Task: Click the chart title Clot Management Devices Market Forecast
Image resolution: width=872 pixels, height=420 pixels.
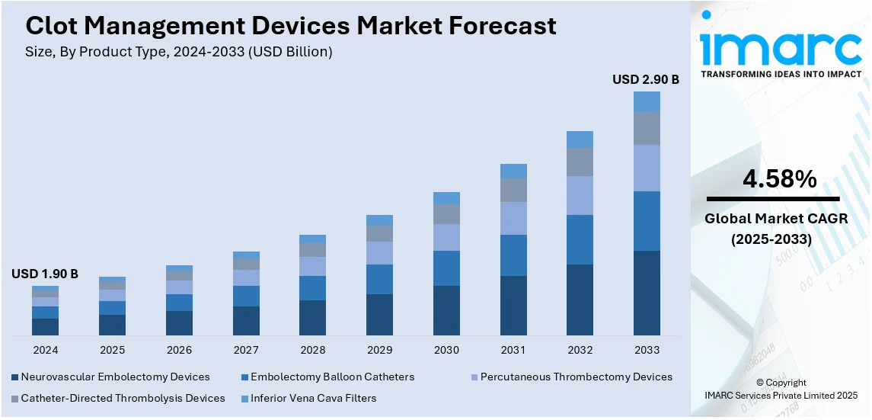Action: click(x=291, y=26)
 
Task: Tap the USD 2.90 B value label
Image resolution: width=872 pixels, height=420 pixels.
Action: click(x=646, y=79)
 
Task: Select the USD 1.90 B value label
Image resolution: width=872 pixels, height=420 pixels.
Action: click(x=45, y=274)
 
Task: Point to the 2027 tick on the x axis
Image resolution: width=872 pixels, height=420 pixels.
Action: click(x=246, y=350)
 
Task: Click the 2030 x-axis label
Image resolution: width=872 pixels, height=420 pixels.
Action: click(x=446, y=350)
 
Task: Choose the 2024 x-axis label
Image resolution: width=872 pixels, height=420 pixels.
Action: click(x=45, y=350)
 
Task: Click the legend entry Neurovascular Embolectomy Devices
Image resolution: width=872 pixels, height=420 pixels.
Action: click(x=115, y=377)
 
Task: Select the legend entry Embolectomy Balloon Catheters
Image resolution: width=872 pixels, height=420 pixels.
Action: click(x=332, y=377)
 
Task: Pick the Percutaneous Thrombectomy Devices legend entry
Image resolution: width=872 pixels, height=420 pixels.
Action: click(x=576, y=377)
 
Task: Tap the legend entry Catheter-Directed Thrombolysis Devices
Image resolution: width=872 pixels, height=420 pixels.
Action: click(x=123, y=398)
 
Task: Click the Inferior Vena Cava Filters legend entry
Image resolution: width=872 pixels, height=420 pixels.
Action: click(x=313, y=398)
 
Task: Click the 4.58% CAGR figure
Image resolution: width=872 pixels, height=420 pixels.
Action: click(x=780, y=180)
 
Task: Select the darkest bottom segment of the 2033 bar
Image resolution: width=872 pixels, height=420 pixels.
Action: click(x=647, y=293)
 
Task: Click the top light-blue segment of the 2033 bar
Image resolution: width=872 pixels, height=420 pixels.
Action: click(x=647, y=102)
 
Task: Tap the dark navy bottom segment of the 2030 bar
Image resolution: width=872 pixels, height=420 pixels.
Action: click(x=446, y=310)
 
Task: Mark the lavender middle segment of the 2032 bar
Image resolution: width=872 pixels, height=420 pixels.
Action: click(x=580, y=195)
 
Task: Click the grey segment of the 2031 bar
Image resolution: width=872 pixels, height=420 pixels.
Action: click(x=513, y=190)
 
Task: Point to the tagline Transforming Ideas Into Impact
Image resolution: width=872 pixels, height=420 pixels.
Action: click(x=781, y=74)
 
